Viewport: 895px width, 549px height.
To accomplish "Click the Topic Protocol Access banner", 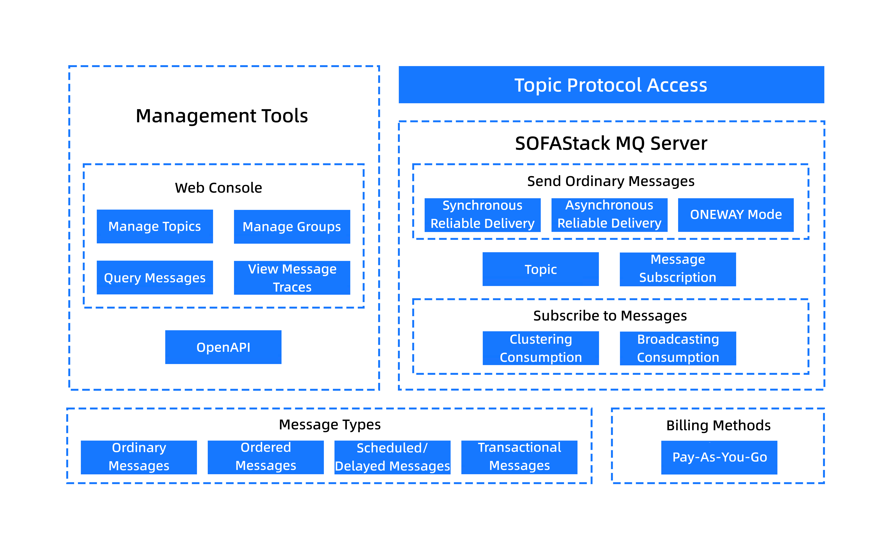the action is pyautogui.click(x=611, y=85).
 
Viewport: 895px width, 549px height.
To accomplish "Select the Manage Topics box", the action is pyautogui.click(x=155, y=226).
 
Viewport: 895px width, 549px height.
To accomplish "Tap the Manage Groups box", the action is pyautogui.click(x=292, y=227).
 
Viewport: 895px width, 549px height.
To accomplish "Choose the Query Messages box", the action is pyautogui.click(x=155, y=277).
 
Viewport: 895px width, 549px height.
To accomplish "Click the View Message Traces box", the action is pyautogui.click(x=292, y=278).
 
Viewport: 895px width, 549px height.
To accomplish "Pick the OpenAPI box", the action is pyautogui.click(x=223, y=347).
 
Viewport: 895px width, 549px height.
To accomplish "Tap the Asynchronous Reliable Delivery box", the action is pyautogui.click(x=610, y=215).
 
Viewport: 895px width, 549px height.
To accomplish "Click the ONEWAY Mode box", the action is pyautogui.click(x=736, y=215).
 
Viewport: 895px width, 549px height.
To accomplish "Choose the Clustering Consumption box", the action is pyautogui.click(x=541, y=348).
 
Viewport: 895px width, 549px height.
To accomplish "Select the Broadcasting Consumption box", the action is pyautogui.click(x=678, y=348).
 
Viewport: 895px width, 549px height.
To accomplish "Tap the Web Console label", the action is pyautogui.click(x=218, y=188).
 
